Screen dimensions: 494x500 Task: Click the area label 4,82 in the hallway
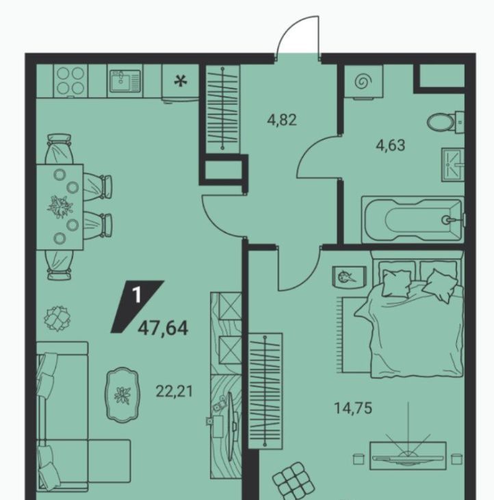(x=282, y=121)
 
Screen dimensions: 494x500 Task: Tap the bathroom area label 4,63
(x=391, y=145)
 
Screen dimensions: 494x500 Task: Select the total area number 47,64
(x=163, y=329)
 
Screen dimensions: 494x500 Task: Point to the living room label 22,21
(x=174, y=391)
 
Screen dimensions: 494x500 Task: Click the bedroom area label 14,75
(x=353, y=408)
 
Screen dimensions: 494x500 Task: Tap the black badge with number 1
(x=137, y=306)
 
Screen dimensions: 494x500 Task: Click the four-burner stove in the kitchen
(x=70, y=81)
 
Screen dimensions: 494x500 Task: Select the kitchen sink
(x=125, y=81)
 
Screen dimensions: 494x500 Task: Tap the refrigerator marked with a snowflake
(x=180, y=83)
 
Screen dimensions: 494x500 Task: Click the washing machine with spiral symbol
(x=363, y=82)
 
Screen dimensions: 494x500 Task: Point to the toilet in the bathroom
(x=445, y=122)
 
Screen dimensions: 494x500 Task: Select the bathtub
(x=413, y=220)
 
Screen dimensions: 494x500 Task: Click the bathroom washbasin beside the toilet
(x=452, y=165)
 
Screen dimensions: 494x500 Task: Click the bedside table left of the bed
(x=349, y=276)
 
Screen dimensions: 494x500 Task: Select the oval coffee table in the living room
(x=122, y=395)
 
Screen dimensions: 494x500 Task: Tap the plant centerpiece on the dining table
(x=60, y=207)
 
